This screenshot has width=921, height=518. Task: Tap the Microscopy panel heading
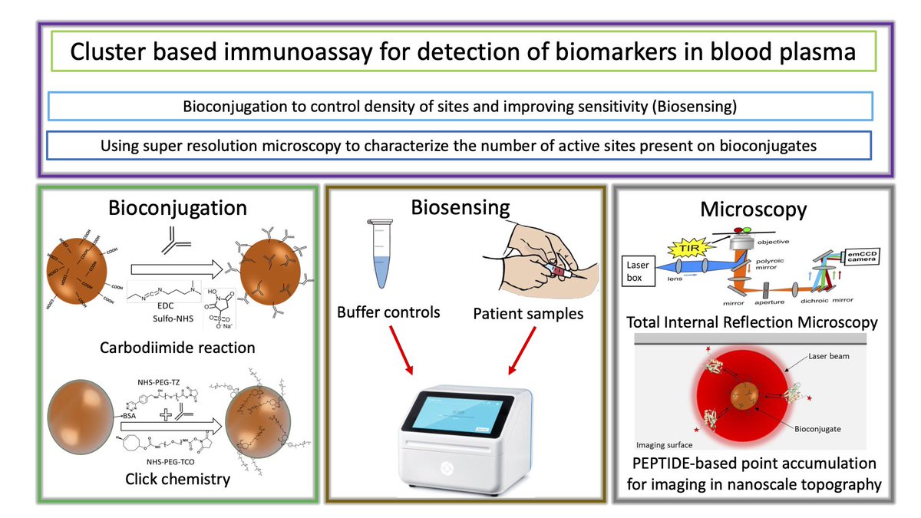(753, 210)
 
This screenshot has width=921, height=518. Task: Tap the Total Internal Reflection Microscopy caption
(753, 323)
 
